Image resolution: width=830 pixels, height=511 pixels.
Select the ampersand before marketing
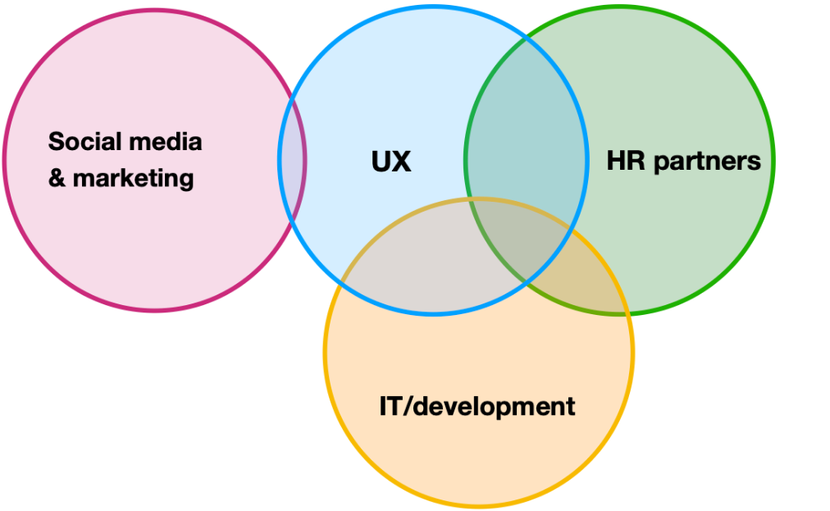[57, 178]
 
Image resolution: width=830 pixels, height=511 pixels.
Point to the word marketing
[134, 178]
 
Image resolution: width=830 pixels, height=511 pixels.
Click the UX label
[391, 162]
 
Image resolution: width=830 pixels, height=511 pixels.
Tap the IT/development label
[477, 406]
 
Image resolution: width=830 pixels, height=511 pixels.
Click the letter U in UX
[381, 162]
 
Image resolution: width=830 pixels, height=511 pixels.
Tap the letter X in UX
[402, 162]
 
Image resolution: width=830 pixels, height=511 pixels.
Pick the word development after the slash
[492, 406]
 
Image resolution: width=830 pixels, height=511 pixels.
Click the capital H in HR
[615, 161]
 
